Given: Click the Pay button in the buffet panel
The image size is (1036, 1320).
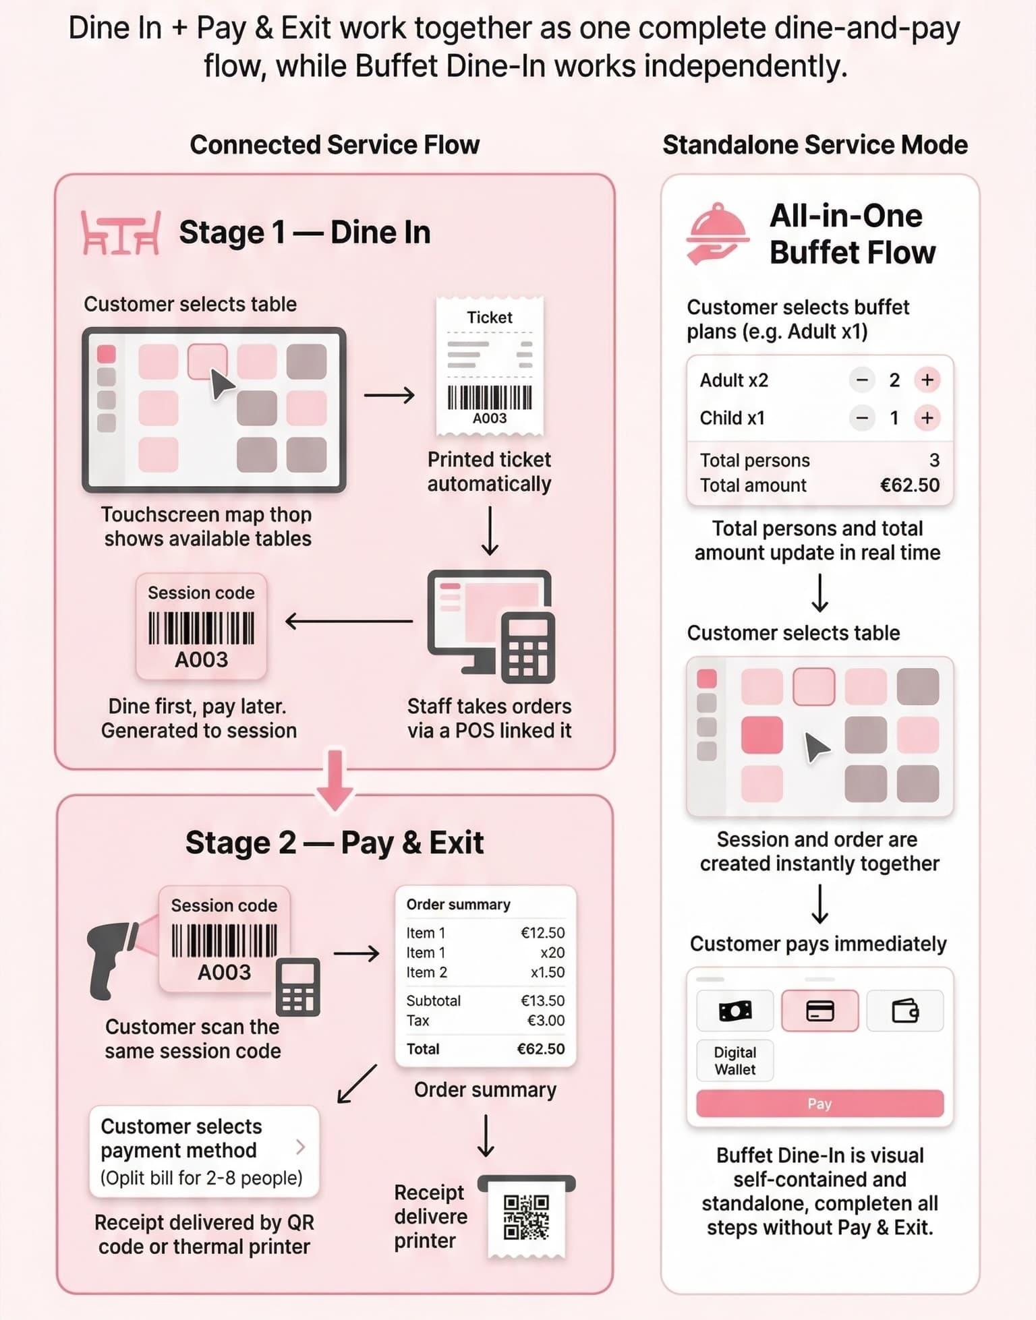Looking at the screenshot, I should pyautogui.click(x=819, y=1104).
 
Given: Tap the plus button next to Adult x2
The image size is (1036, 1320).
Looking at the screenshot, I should pyautogui.click(x=927, y=380).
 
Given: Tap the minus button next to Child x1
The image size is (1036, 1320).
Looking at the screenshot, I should pyautogui.click(x=861, y=418).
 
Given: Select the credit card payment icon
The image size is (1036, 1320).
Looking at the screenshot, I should pyautogui.click(x=819, y=1011).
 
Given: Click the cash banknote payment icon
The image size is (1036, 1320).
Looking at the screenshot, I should pyautogui.click(x=735, y=1011).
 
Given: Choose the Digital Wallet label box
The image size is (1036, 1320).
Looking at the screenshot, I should pyautogui.click(x=735, y=1060).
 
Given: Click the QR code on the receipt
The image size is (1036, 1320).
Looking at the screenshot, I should pyautogui.click(x=526, y=1217).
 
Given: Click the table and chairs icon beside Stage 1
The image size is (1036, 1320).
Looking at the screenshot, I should pyautogui.click(x=121, y=233).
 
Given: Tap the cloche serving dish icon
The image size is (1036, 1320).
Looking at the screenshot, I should pyautogui.click(x=717, y=233).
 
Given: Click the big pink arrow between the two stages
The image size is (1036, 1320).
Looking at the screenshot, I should pyautogui.click(x=335, y=780).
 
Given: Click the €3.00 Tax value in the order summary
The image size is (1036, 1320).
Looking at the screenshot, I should pyautogui.click(x=546, y=1020).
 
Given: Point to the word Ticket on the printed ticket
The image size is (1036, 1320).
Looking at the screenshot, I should pyautogui.click(x=490, y=318).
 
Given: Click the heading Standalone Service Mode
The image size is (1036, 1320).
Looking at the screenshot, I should pyautogui.click(x=815, y=145).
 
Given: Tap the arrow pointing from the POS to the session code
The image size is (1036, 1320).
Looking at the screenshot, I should pyautogui.click(x=349, y=621).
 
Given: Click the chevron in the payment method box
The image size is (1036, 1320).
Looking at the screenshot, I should pyautogui.click(x=301, y=1147).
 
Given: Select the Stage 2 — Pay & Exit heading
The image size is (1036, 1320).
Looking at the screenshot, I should pyautogui.click(x=335, y=843).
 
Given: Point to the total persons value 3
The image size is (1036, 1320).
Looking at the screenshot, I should pyautogui.click(x=934, y=460).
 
